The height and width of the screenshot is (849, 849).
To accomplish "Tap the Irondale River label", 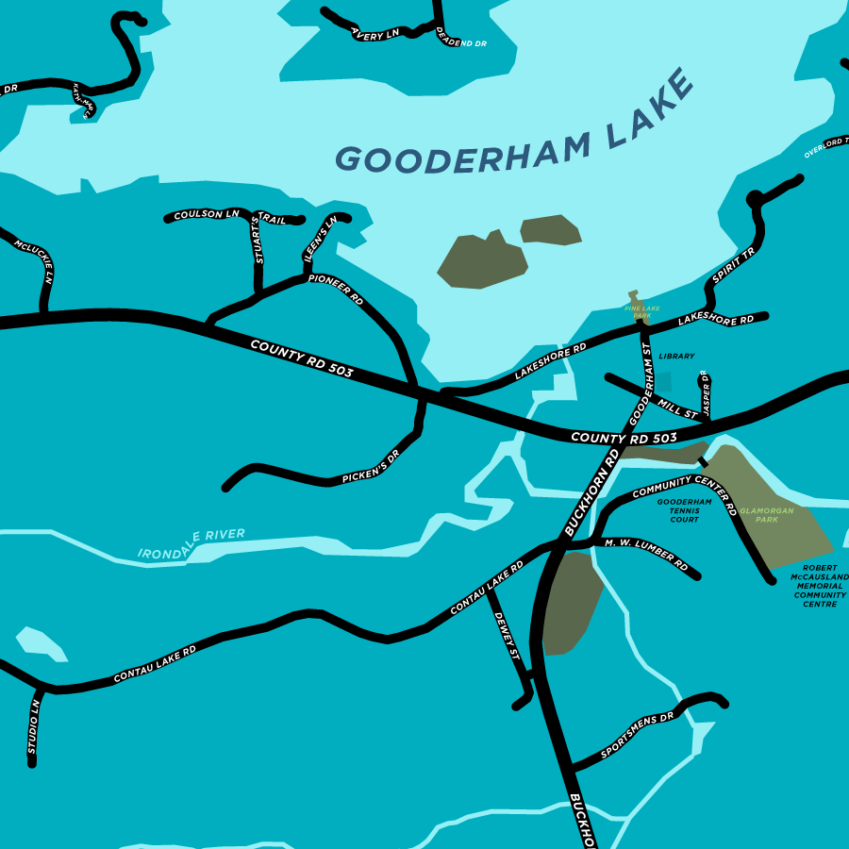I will click(x=191, y=542).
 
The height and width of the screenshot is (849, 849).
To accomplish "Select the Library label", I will click(x=676, y=357).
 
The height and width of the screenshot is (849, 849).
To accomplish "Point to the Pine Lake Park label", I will click(x=642, y=310).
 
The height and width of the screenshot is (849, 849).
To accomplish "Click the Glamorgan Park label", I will click(x=766, y=514).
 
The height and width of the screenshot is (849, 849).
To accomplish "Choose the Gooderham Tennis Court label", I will click(x=684, y=510).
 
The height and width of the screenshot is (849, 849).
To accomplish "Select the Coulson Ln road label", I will click(x=207, y=215).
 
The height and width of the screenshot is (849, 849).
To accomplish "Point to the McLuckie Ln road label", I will click(x=35, y=262).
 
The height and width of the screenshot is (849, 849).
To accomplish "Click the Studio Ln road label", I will click(x=33, y=725).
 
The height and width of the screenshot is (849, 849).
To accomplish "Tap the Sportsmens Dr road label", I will click(x=638, y=735).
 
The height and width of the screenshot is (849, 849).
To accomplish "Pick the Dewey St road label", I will click(x=509, y=641).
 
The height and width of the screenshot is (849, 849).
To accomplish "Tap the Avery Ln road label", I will click(x=375, y=35).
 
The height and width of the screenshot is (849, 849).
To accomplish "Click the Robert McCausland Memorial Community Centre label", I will click(x=819, y=586).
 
